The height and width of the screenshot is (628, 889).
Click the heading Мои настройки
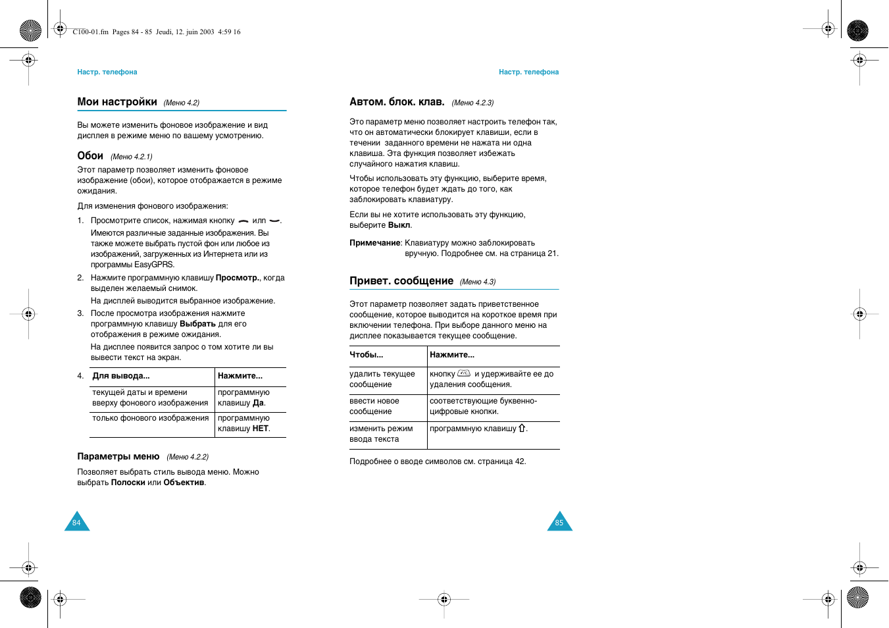pyautogui.click(x=117, y=102)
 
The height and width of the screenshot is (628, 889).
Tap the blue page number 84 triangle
pyautogui.click(x=77, y=522)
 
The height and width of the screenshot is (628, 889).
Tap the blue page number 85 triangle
pyautogui.click(x=559, y=522)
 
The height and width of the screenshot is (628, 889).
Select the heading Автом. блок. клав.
pyautogui.click(x=397, y=102)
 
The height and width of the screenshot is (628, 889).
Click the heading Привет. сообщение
pyautogui.click(x=401, y=281)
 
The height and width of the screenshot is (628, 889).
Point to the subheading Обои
pyautogui.click(x=90, y=156)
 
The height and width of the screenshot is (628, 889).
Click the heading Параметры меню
pyautogui.click(x=118, y=456)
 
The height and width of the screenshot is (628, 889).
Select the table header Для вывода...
pyautogui.click(x=121, y=376)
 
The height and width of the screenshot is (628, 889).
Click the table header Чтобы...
pyautogui.click(x=366, y=355)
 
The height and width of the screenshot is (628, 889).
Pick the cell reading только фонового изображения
pyautogui.click(x=150, y=418)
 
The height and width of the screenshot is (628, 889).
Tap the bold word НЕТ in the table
pyautogui.click(x=261, y=429)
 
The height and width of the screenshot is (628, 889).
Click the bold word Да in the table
pyautogui.click(x=258, y=403)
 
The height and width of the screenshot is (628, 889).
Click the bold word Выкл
pyautogui.click(x=399, y=225)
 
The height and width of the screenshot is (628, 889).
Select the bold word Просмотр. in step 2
pyautogui.click(x=238, y=278)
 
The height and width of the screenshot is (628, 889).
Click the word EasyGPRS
pyautogui.click(x=154, y=265)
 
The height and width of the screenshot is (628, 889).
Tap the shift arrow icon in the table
pyautogui.click(x=522, y=428)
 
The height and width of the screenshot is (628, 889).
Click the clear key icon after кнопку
pyautogui.click(x=464, y=373)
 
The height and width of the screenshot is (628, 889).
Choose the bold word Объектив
pyautogui.click(x=184, y=483)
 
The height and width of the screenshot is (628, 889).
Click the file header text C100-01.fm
pyautogui.click(x=90, y=32)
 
